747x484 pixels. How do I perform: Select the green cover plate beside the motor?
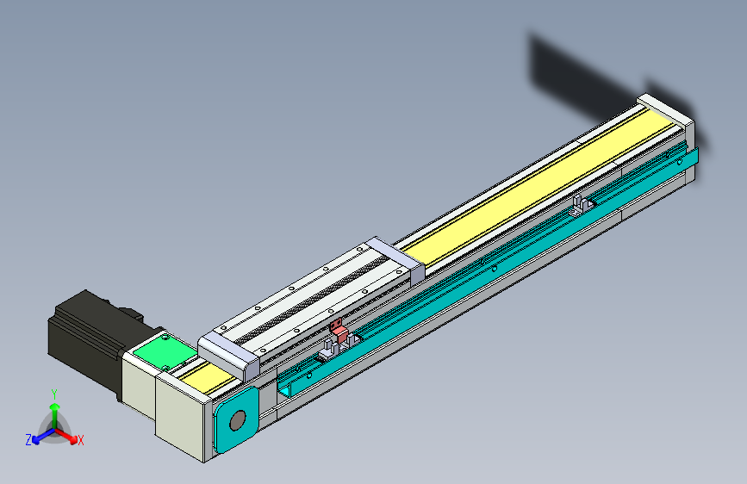coord(165,352)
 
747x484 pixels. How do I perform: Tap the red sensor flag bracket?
coord(339,330)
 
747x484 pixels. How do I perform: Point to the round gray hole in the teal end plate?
coord(237,420)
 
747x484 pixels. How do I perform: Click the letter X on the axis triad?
coord(80,440)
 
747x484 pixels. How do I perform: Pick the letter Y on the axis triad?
coord(54,394)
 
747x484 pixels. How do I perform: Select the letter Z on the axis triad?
coord(28,440)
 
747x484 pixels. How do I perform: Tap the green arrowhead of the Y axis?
coord(55,406)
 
